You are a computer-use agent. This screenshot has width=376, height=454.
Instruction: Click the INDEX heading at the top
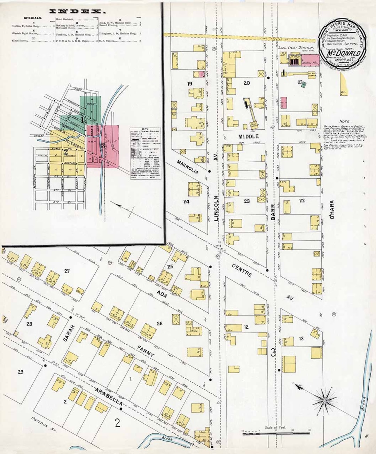click(78, 11)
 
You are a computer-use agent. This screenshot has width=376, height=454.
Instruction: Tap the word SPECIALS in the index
click(33, 18)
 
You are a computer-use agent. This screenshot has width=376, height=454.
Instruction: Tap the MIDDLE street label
click(249, 136)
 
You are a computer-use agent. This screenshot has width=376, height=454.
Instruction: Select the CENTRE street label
click(242, 270)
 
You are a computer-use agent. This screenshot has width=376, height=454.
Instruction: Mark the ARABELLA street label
click(109, 397)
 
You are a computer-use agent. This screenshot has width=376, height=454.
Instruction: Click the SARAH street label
click(69, 333)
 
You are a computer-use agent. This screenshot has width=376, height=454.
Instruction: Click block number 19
click(189, 84)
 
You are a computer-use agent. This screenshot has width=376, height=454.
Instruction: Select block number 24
click(186, 201)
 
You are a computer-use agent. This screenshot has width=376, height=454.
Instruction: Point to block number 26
click(159, 323)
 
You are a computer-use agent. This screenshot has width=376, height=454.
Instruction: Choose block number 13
click(301, 338)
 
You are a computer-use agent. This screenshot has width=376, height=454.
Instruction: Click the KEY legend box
click(145, 153)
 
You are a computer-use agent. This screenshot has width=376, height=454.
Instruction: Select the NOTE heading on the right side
click(344, 121)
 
